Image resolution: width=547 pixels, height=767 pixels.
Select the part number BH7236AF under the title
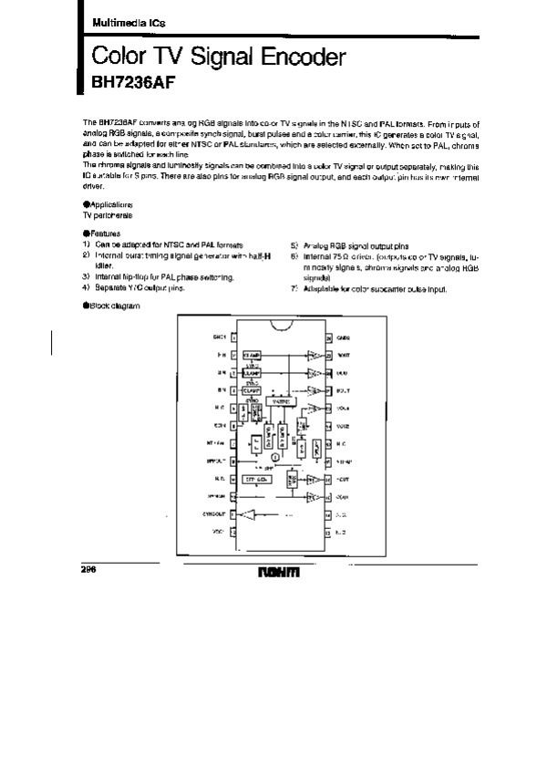click(x=122, y=83)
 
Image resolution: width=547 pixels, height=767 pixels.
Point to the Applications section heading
click(x=110, y=207)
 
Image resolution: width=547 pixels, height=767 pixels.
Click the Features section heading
click(x=104, y=234)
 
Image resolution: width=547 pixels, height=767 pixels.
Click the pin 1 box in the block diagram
click(x=235, y=337)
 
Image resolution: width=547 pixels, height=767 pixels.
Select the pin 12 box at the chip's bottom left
click(x=235, y=532)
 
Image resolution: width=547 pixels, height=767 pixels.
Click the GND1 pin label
click(x=219, y=337)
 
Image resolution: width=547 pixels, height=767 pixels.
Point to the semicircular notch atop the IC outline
click(x=280, y=325)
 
